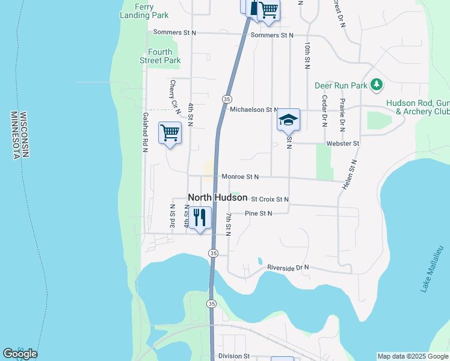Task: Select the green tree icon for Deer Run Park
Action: click(377, 84)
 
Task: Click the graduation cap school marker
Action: click(288, 119)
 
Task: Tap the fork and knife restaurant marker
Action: click(200, 217)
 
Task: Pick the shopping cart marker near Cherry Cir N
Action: click(170, 132)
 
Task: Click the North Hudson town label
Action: click(218, 197)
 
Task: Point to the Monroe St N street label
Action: click(239, 177)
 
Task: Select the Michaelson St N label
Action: click(253, 110)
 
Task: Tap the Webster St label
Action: click(342, 144)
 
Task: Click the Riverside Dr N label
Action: click(288, 267)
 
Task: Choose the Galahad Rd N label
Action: click(145, 132)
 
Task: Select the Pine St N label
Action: click(259, 213)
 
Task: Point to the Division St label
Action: click(234, 356)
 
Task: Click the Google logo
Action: click(20, 354)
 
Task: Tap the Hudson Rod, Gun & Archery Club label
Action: click(418, 107)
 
